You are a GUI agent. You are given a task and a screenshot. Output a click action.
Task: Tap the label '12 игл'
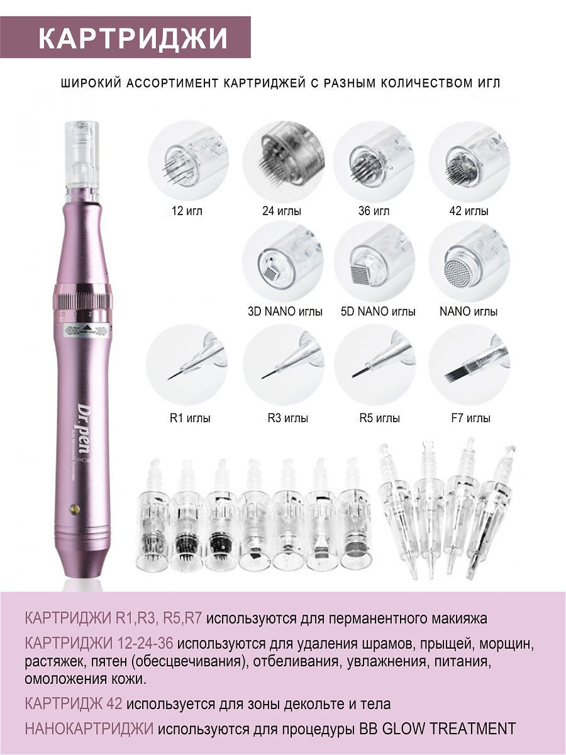pos(187,211)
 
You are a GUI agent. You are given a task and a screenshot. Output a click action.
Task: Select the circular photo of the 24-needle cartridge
pos(284,161)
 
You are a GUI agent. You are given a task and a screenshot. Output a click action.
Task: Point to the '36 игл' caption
pos(374,211)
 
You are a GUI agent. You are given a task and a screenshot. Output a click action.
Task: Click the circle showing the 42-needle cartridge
pos(469,161)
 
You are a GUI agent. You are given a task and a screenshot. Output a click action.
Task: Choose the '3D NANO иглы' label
pos(286,311)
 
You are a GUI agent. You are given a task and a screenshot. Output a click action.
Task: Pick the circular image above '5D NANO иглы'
pos(375,262)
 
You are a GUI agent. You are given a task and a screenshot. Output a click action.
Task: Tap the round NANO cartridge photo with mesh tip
pos(469,262)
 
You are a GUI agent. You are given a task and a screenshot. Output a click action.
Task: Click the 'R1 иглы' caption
pos(190,418)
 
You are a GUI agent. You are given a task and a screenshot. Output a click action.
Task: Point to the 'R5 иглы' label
pos(379,418)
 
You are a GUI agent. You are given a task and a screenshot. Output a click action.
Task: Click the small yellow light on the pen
pos(75,509)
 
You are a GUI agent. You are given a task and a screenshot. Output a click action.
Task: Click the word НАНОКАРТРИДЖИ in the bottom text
pos(89,729)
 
